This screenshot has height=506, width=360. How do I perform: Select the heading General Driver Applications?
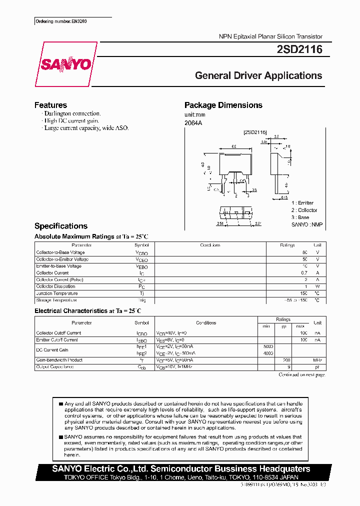[x=258, y=76]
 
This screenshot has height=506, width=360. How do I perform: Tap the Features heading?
[x=50, y=105]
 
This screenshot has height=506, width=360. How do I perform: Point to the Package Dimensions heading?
[x=223, y=105]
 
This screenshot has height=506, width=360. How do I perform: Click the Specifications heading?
[x=61, y=226]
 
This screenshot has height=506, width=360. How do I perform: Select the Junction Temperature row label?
[x=57, y=293]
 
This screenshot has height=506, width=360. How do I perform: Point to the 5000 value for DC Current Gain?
[x=267, y=346]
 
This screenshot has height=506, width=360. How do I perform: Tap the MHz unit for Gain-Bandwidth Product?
[x=317, y=360]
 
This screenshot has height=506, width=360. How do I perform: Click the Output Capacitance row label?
[x=55, y=367]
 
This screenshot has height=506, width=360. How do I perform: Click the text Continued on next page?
[x=301, y=374]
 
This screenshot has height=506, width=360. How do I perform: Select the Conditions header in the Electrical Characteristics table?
[x=206, y=323]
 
